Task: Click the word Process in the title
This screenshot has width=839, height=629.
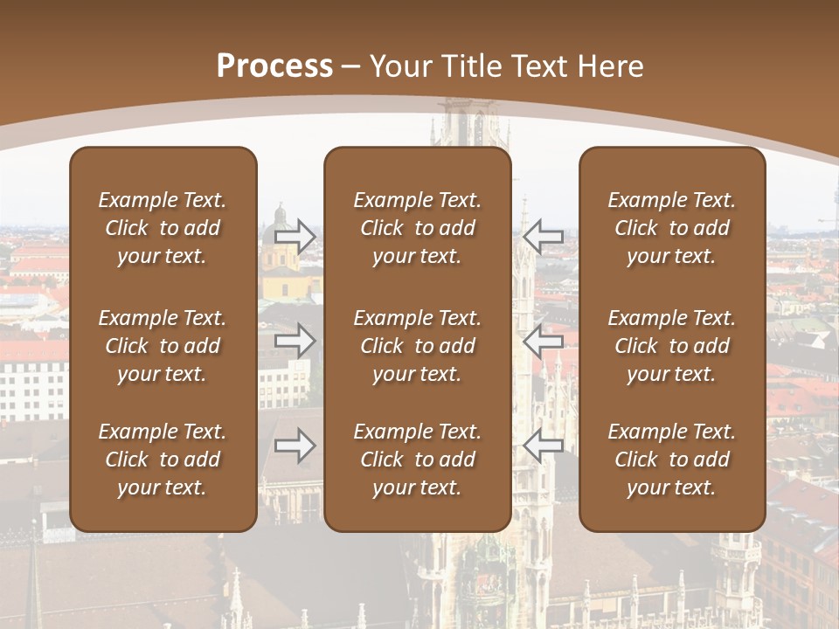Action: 274,66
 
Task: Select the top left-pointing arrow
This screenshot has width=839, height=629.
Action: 543,234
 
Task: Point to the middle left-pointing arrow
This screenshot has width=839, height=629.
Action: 543,340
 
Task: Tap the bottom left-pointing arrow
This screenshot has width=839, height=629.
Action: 543,446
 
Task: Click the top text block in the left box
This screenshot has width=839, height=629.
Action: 163,228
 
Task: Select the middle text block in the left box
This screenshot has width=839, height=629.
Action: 163,346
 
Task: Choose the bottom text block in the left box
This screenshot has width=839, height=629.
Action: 163,460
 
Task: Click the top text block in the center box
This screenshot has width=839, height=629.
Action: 417,228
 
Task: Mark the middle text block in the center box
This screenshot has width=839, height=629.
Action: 417,346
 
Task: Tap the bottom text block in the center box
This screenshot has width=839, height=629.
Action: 417,460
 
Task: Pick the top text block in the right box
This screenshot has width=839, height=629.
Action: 672,228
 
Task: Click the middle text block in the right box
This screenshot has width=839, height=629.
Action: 672,346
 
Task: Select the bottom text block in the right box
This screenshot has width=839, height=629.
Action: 672,460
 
